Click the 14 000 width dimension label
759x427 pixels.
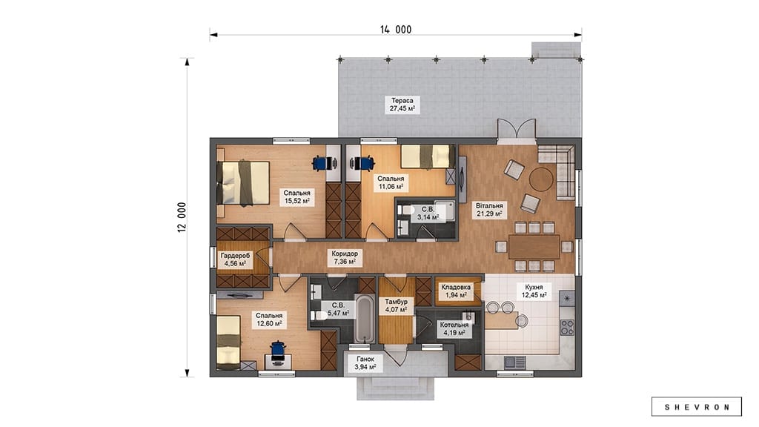pos(396,30)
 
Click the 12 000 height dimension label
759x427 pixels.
pos(182,217)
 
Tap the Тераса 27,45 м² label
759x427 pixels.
pos(402,105)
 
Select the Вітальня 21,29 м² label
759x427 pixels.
pos(489,209)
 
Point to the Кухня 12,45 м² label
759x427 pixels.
pos(534,291)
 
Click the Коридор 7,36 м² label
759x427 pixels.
pos(345,257)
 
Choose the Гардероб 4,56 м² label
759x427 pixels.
pos(235,259)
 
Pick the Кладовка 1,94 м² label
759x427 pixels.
pos(456,291)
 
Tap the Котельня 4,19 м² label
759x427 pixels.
pos(454,328)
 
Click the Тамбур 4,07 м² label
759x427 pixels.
pos(396,305)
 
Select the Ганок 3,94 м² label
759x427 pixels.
pos(365,363)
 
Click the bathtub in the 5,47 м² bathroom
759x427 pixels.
pos(364,318)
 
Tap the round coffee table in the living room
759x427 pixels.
pos(540,179)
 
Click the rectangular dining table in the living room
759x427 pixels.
pos(534,246)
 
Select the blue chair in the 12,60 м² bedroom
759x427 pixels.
pos(278,351)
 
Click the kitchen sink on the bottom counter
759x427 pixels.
pos(514,362)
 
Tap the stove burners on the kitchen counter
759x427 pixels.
pos(567,327)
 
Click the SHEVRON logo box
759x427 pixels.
pos(697,407)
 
